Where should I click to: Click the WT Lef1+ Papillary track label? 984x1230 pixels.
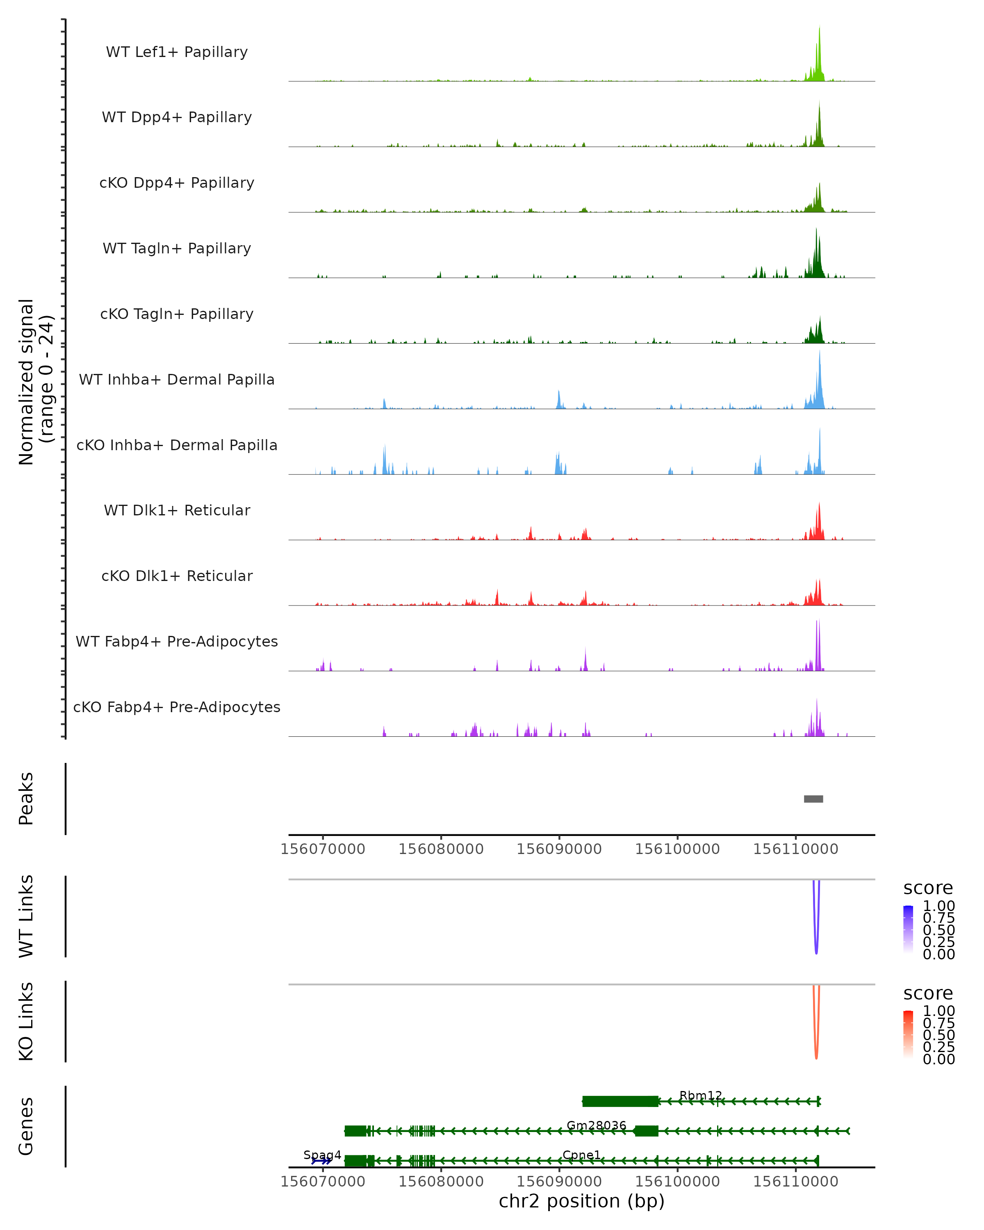coord(177,52)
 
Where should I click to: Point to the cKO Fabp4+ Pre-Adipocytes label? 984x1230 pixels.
coord(177,707)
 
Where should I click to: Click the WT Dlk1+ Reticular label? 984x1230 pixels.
coord(177,510)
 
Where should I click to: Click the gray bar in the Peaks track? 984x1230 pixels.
coord(813,799)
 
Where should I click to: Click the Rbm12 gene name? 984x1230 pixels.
coord(701,1096)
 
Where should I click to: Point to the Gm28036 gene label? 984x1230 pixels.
coord(596,1125)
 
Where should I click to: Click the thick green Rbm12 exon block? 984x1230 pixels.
coord(620,1101)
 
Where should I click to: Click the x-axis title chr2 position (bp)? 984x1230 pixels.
coord(581,1201)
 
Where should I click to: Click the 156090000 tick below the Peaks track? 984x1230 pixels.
coord(559,849)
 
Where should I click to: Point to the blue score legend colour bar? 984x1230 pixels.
coord(908,929)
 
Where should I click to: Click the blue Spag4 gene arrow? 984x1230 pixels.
coord(321,1161)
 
